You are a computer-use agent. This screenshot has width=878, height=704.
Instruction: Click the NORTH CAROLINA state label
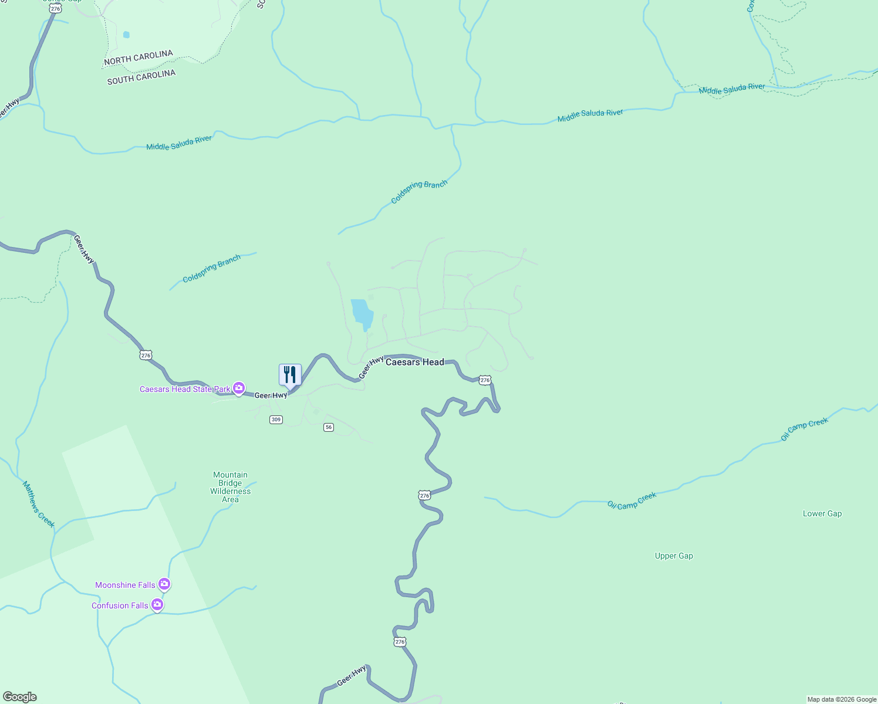(139, 57)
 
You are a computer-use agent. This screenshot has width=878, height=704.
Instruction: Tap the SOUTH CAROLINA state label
(141, 77)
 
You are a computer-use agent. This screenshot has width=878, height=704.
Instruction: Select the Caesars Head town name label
(414, 362)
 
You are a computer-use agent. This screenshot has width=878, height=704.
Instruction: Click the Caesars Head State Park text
(185, 389)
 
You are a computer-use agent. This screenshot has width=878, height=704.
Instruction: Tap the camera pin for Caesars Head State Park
(239, 388)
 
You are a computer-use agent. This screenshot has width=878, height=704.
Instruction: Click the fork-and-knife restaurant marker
(290, 374)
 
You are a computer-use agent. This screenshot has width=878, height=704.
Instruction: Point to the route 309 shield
(276, 419)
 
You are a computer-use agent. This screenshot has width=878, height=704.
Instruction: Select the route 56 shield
(329, 427)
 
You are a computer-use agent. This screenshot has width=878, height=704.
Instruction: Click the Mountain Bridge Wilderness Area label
(231, 487)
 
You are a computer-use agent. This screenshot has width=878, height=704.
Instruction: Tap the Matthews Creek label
(39, 504)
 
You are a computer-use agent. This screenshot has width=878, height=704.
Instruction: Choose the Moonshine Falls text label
(125, 585)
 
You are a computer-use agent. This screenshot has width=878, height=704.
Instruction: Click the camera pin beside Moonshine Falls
(164, 584)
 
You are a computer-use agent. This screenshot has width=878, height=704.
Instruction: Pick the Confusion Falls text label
(120, 605)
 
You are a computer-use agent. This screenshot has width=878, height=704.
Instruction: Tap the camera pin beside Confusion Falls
(157, 604)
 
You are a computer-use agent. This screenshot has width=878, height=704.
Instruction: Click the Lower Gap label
(822, 514)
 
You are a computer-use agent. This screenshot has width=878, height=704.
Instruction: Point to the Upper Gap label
(674, 556)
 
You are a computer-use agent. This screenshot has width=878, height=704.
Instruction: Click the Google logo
(20, 697)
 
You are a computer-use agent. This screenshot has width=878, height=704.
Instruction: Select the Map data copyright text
(841, 699)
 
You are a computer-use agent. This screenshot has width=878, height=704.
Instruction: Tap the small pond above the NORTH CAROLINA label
(126, 35)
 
